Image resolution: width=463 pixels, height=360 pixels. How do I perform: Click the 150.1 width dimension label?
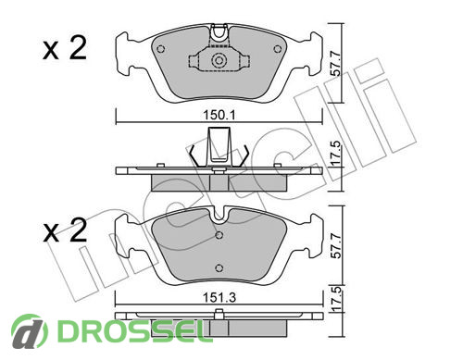point(219,116)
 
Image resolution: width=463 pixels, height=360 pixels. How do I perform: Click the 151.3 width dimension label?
point(219,298)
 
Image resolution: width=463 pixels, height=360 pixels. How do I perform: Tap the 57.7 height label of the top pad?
point(336,64)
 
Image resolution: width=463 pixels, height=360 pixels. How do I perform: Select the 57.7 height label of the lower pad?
point(336,246)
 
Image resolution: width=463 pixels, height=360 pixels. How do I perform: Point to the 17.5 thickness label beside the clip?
point(336,154)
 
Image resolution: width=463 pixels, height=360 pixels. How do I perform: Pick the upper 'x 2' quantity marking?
point(65,48)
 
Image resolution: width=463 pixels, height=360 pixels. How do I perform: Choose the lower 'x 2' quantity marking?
point(65,230)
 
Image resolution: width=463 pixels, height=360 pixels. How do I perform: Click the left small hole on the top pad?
point(160,49)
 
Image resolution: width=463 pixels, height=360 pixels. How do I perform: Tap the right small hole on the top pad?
point(278,49)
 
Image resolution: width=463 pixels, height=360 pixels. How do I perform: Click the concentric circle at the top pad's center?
point(219,60)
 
